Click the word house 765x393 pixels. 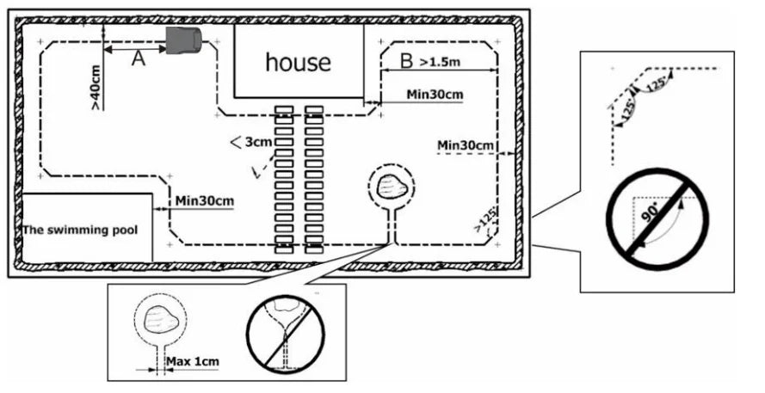(298, 62)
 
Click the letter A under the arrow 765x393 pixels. (138, 59)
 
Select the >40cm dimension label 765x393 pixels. (96, 86)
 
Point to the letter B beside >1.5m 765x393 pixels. (407, 61)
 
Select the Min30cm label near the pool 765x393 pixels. (205, 200)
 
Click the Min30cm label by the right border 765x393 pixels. (465, 144)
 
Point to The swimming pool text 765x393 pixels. (79, 230)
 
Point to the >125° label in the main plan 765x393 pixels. (485, 222)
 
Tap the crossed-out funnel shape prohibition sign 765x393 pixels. (285, 336)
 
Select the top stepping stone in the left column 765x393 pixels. (284, 110)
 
